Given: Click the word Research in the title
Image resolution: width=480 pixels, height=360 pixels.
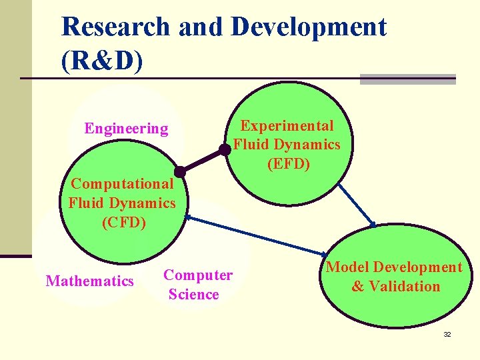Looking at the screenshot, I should (x=115, y=27).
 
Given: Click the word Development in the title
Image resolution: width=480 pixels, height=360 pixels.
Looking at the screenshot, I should (x=308, y=27).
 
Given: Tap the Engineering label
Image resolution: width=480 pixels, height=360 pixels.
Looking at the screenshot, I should (x=126, y=129).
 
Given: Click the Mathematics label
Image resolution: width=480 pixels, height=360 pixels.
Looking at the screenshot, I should (x=89, y=281).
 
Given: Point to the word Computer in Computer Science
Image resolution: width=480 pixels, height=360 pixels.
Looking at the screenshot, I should (x=198, y=275).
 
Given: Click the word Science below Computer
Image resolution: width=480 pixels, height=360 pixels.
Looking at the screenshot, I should (x=194, y=295).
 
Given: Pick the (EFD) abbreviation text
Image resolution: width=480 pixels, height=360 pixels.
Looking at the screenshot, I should (x=289, y=163).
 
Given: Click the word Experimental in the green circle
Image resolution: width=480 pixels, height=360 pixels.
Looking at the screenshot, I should (x=287, y=126).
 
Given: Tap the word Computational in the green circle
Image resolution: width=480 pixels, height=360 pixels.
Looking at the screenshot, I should (x=122, y=183).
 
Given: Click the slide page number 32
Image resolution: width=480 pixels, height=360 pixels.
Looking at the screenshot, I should (x=447, y=334).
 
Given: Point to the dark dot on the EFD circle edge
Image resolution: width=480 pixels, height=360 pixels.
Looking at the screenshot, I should (x=225, y=150).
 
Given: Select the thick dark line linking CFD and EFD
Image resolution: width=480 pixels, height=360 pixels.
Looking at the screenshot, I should (x=202, y=159).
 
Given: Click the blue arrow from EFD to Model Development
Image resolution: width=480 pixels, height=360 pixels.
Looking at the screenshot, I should (x=357, y=205).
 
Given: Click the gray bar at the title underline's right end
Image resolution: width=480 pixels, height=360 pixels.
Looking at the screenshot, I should (x=407, y=79).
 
